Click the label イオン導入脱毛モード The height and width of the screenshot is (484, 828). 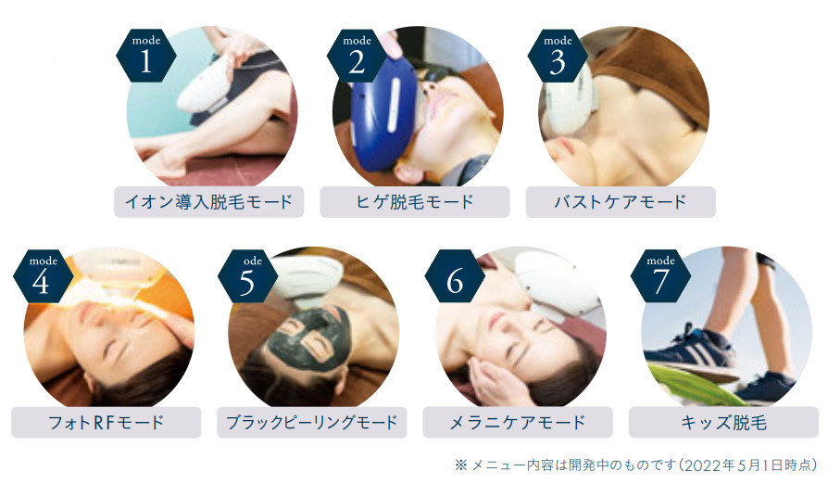coord(208,201)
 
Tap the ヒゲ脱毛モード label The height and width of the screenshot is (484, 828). coord(415,201)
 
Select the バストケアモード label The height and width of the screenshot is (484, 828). coord(621,201)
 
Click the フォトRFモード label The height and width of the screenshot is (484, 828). coord(106,422)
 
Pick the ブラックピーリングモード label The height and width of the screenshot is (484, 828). coord(312,422)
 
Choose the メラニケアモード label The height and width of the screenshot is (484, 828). coord(518,422)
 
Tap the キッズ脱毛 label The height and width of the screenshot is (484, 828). coord(724,422)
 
